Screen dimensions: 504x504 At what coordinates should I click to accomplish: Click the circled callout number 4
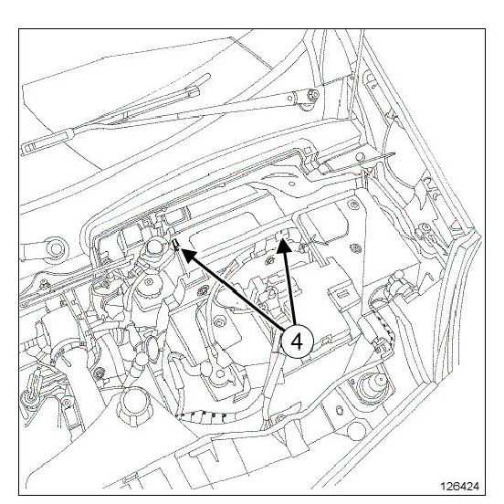(x=297, y=341)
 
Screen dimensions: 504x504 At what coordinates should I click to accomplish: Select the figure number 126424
(x=459, y=486)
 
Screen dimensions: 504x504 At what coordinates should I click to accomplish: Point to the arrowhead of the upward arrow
(x=284, y=246)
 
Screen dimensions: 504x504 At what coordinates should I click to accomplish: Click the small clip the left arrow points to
(x=176, y=245)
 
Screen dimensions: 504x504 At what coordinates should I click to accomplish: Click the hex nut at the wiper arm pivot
(x=313, y=95)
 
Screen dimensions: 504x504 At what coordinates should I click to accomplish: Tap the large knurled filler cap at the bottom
(x=133, y=404)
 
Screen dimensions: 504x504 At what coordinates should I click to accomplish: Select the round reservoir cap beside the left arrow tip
(x=155, y=247)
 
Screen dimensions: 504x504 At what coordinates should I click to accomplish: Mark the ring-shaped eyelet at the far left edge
(x=56, y=248)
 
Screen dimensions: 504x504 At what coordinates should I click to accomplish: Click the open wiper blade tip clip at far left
(x=30, y=149)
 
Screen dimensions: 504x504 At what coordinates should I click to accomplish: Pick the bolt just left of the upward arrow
(x=269, y=260)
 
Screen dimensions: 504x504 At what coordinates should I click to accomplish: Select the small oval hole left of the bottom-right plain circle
(x=339, y=411)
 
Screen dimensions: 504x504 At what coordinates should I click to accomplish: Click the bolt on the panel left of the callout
(x=220, y=321)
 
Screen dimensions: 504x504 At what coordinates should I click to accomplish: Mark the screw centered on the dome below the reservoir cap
(x=149, y=282)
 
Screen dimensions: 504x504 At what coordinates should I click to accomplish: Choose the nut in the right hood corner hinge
(x=425, y=227)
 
